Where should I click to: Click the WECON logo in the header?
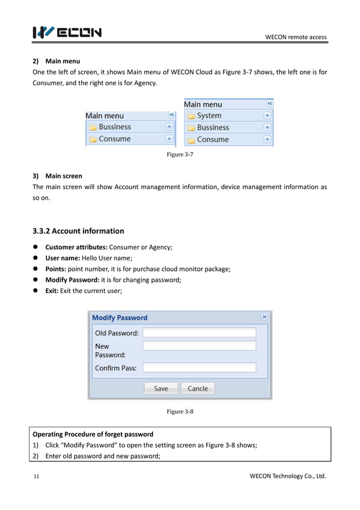[67, 33]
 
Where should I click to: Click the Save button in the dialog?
[161, 388]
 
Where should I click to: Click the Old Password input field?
[199, 333]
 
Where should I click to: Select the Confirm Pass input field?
[199, 368]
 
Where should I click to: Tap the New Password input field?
[199, 346]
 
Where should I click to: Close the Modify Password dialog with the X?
[265, 317]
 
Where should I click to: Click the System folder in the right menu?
[209, 116]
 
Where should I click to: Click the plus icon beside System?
[267, 115]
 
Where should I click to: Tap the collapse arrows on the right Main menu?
[269, 104]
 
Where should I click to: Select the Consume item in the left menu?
[114, 139]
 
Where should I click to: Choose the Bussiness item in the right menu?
[213, 128]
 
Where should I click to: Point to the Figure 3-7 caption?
[180, 155]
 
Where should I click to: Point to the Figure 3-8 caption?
[180, 412]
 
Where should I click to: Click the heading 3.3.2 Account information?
[78, 230]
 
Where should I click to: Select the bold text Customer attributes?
[76, 247]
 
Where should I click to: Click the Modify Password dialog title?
[120, 317]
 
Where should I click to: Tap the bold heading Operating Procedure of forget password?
[93, 434]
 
